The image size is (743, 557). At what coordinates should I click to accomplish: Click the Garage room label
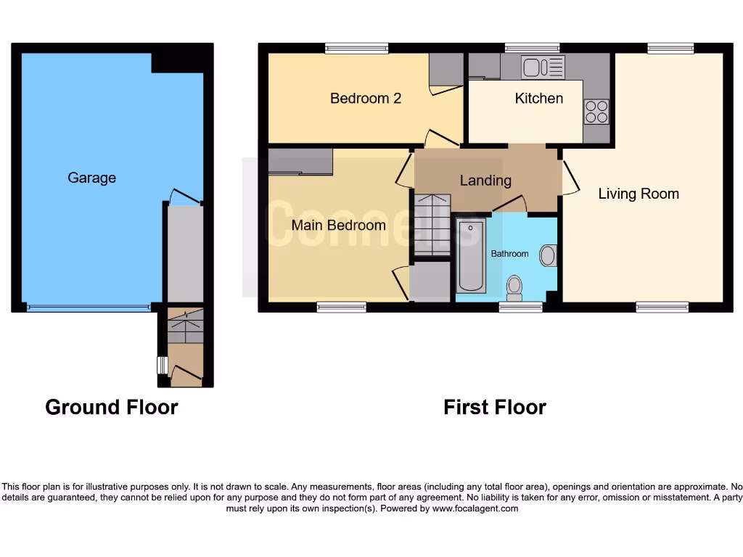click(x=91, y=178)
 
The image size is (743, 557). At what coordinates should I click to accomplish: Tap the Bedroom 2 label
click(x=366, y=98)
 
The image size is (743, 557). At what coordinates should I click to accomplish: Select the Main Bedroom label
click(x=338, y=225)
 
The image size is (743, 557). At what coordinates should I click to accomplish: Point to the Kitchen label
click(x=538, y=98)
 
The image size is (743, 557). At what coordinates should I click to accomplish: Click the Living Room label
click(x=639, y=194)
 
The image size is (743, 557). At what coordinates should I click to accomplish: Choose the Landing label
click(x=485, y=181)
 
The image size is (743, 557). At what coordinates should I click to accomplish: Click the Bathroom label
click(x=509, y=254)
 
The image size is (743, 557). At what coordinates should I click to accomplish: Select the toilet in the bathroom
click(x=514, y=286)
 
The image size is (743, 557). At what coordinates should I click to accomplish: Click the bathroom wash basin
click(x=548, y=255)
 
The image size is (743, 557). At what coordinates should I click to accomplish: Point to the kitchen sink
click(x=542, y=67)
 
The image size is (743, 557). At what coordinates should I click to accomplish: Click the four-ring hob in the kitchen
click(x=596, y=111)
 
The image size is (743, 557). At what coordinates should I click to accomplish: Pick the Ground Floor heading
click(x=111, y=407)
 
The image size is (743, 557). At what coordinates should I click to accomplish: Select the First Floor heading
click(x=495, y=407)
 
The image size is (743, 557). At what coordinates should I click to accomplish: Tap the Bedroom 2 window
click(x=356, y=49)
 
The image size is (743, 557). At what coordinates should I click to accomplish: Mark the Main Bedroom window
click(x=341, y=308)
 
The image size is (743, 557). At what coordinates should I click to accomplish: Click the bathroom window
click(x=520, y=308)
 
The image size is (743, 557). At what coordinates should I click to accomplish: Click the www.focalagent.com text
click(x=475, y=508)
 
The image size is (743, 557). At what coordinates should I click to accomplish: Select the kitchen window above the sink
click(x=532, y=49)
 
